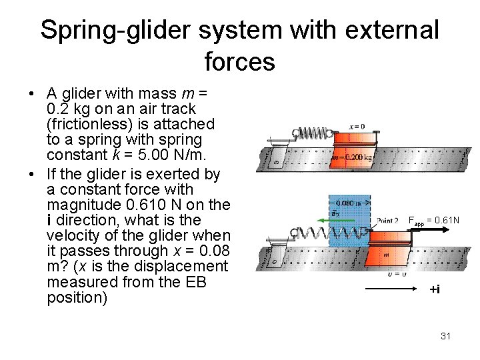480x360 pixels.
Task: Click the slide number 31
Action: click(446, 336)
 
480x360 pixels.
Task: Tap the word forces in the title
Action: click(239, 61)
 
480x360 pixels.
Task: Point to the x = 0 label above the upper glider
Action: click(357, 126)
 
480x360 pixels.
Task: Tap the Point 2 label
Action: click(387, 221)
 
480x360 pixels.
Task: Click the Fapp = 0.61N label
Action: click(433, 219)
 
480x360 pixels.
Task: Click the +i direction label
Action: click(434, 289)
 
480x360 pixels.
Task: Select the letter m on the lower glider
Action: click(386, 254)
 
